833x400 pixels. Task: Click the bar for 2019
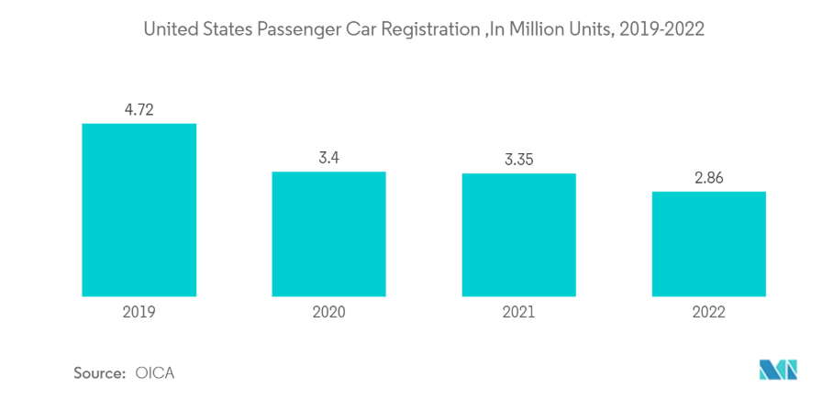tap(139, 210)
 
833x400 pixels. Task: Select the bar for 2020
tap(328, 234)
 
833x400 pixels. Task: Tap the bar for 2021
tap(518, 235)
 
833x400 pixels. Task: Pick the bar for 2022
tap(708, 244)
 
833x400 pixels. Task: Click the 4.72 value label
tap(139, 110)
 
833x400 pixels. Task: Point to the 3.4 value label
tap(328, 158)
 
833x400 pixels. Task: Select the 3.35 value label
tap(518, 160)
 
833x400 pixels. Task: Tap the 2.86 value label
tap(708, 178)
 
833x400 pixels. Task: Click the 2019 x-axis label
tap(139, 312)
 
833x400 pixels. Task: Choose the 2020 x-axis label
tap(328, 312)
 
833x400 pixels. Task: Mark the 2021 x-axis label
tap(518, 312)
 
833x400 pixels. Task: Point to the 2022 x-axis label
tap(708, 312)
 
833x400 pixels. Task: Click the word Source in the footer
tap(98, 373)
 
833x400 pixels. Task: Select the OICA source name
tap(154, 373)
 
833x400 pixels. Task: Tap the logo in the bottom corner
tap(779, 370)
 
